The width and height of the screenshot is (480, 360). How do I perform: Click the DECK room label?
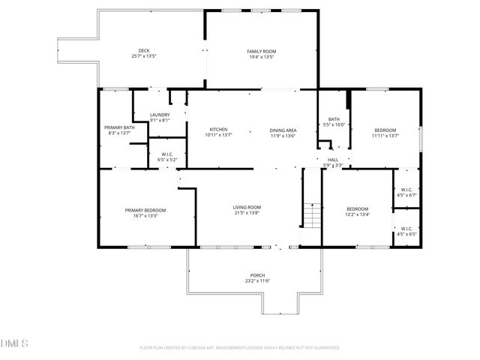(x=144, y=51)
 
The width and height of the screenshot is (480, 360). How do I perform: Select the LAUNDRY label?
(x=160, y=115)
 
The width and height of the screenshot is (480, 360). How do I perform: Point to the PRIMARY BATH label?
(x=119, y=127)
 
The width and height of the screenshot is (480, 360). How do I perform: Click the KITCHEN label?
(x=218, y=130)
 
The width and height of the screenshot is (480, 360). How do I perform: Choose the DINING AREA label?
(x=283, y=130)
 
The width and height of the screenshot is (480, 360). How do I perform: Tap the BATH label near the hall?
(x=334, y=119)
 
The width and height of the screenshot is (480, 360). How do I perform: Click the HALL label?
(x=333, y=160)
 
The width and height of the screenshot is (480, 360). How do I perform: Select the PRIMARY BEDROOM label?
(x=145, y=210)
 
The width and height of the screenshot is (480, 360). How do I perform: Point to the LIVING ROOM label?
(x=247, y=207)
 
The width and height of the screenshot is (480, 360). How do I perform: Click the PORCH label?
(x=257, y=275)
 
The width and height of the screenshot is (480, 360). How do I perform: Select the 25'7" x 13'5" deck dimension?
(x=144, y=56)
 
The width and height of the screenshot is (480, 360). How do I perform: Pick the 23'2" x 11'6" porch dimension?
(x=257, y=280)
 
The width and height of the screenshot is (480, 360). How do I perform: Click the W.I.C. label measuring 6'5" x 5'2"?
(x=166, y=155)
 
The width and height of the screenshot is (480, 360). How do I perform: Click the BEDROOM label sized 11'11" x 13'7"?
(x=386, y=130)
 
